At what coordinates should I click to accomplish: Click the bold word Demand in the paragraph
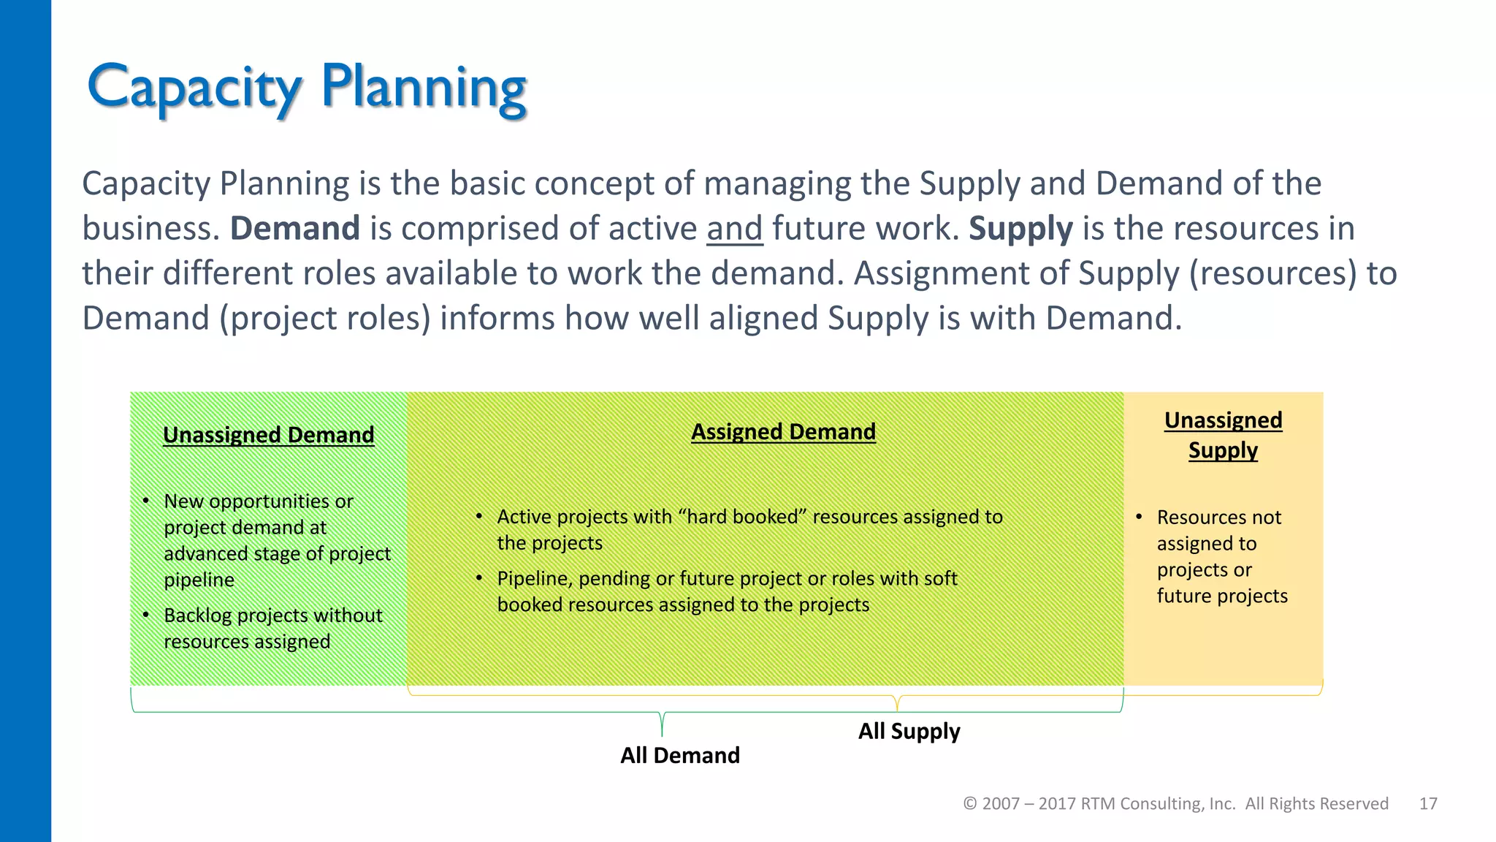pyautogui.click(x=294, y=228)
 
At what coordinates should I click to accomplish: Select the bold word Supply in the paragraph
pyautogui.click(x=1020, y=228)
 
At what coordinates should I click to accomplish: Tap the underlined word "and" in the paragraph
pyautogui.click(x=734, y=228)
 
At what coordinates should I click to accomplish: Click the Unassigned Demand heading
pyautogui.click(x=268, y=435)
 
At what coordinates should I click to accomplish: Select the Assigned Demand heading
pyautogui.click(x=783, y=432)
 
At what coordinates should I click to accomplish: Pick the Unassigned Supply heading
pyautogui.click(x=1223, y=435)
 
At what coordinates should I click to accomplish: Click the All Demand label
pyautogui.click(x=679, y=755)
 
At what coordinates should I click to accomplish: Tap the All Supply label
pyautogui.click(x=909, y=731)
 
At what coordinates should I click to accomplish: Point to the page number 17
pyautogui.click(x=1428, y=804)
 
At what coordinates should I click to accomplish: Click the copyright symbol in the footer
pyautogui.click(x=970, y=804)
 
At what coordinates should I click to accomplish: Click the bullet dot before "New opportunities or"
pyautogui.click(x=146, y=501)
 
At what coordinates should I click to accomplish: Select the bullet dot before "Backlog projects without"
pyautogui.click(x=146, y=615)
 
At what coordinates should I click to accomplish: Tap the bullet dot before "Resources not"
pyautogui.click(x=1139, y=517)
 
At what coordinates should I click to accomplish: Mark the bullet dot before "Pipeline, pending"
pyautogui.click(x=479, y=578)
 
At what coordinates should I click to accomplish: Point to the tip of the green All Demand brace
pyautogui.click(x=662, y=735)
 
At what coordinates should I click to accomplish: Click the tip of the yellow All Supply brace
pyautogui.click(x=897, y=710)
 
